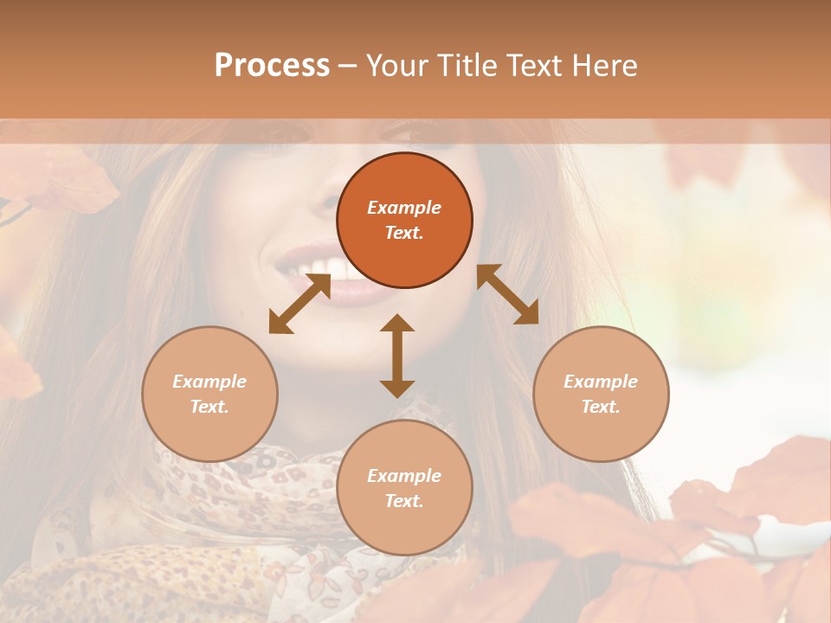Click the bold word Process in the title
[272, 66]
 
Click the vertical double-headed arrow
[397, 356]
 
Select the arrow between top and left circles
[300, 304]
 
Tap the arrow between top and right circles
[508, 294]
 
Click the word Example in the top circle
[404, 208]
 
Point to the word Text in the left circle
[209, 407]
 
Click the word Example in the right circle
[601, 382]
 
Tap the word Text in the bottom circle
[404, 501]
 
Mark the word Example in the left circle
[209, 382]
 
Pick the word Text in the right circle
[601, 407]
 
